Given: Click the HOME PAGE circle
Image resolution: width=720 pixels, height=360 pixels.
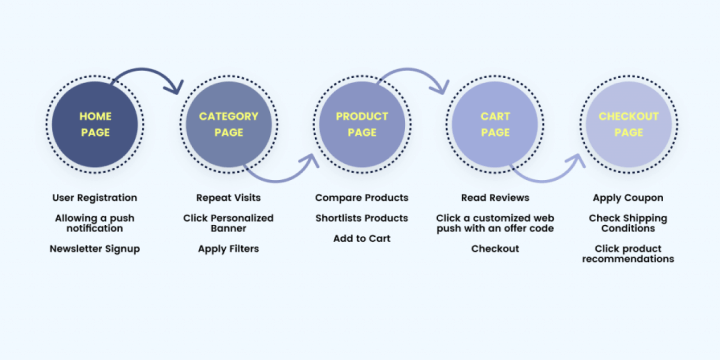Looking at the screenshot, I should [x=95, y=125].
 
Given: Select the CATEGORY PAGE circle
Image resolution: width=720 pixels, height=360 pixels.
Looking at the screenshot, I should [x=228, y=125].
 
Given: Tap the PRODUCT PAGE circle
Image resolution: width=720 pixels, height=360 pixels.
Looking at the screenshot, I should [x=361, y=125].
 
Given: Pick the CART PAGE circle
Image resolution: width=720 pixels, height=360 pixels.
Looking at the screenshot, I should [x=495, y=125].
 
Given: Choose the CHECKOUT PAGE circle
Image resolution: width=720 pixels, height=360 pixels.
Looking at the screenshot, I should [x=628, y=125].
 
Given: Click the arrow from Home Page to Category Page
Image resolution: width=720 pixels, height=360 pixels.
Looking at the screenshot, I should [x=150, y=72].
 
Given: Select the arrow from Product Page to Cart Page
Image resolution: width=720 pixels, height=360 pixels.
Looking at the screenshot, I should [x=415, y=73].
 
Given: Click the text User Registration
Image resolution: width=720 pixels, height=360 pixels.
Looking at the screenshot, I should [x=95, y=198].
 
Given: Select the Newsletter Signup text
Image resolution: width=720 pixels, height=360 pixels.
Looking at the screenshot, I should [x=95, y=248].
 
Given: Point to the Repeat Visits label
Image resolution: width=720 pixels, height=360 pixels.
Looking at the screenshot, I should [x=228, y=198].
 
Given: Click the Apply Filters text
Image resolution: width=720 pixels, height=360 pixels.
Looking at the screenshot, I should [x=228, y=248].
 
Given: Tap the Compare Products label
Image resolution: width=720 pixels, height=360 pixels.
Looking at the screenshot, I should [x=361, y=198].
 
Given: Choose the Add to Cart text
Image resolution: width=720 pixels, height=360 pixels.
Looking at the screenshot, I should [x=361, y=238].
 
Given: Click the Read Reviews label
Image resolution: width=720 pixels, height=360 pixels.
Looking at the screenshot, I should [x=495, y=198].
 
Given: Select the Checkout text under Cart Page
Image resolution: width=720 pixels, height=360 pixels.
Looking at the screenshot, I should [x=495, y=248].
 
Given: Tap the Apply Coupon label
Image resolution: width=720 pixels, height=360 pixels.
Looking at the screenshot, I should [x=628, y=198].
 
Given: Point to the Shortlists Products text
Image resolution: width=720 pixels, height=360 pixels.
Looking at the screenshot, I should [x=361, y=218].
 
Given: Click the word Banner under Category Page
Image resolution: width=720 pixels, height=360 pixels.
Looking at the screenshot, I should [x=228, y=228].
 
